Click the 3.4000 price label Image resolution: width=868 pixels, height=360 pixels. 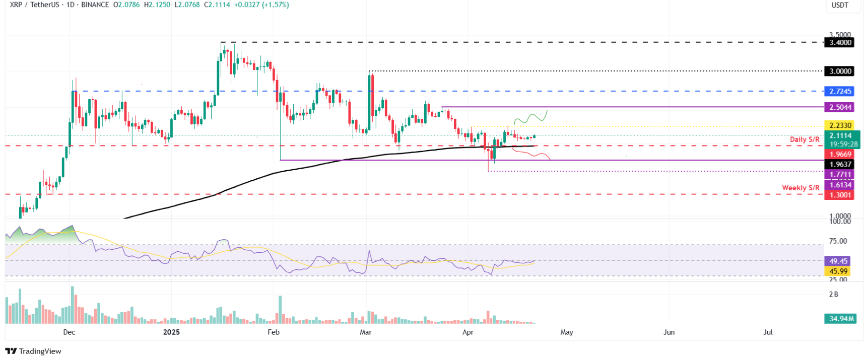point(840,42)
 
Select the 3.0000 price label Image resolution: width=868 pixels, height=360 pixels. point(840,71)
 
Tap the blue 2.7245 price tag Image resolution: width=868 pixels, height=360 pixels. point(840,91)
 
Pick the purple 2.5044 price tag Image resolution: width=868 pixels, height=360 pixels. point(840,107)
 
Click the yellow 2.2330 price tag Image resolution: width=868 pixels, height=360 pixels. point(840,125)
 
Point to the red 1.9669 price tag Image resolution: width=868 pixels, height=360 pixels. point(840,154)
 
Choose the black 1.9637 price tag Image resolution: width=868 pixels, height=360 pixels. point(840,164)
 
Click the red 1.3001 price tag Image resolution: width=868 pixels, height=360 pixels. point(840,195)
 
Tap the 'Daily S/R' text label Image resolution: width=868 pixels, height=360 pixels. point(805,139)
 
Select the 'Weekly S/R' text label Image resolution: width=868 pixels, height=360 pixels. point(800,188)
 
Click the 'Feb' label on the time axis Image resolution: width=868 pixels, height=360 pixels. point(274,332)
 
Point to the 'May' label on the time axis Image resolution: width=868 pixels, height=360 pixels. point(567,332)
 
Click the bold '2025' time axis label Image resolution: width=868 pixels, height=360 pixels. point(172,332)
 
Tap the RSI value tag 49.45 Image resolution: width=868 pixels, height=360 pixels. point(838,261)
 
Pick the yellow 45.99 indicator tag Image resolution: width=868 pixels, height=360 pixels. point(838,271)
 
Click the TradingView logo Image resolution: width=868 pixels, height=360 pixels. point(33,351)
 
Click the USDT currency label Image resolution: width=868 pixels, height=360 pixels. point(840,5)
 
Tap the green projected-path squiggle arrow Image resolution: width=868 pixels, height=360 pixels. point(530,118)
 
